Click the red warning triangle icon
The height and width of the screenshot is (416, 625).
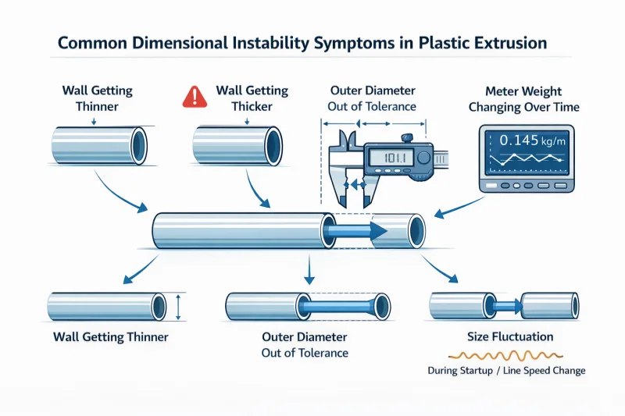[191, 97]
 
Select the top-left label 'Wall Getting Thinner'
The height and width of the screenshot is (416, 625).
[93, 98]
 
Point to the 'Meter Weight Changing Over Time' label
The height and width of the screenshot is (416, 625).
[520, 98]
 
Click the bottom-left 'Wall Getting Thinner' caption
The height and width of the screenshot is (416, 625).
[110, 337]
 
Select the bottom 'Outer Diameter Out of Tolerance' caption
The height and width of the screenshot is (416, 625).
[305, 345]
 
